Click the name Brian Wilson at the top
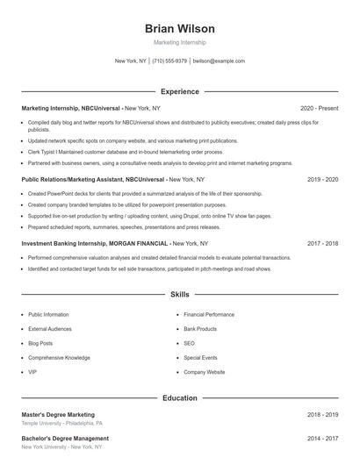coord(179,29)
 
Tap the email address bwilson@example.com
coord(219,61)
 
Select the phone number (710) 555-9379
coord(169,61)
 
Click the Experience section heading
coord(180,91)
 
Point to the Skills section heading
coord(180,295)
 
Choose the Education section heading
coord(180,397)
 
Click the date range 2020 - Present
coord(319,107)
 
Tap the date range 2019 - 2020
coord(323,179)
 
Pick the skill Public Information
coord(48,314)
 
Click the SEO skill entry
coord(189,343)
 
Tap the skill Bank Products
coord(200,329)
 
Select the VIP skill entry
coord(32,372)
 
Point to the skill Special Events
coord(201,358)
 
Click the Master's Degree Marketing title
coord(58,414)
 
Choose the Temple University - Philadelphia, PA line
coord(62,423)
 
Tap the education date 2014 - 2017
coord(323,438)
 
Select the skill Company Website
coord(204,372)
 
